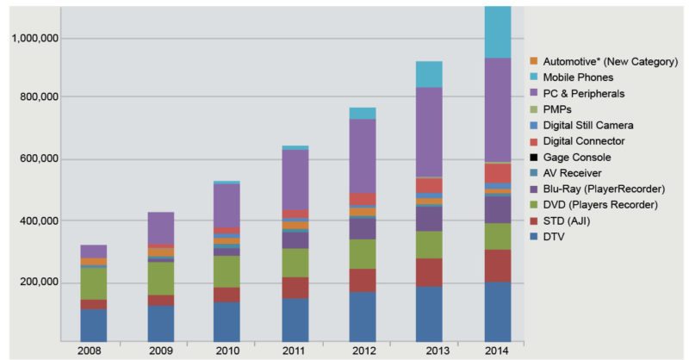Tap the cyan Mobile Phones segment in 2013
pyautogui.click(x=429, y=74)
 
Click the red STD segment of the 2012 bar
pyautogui.click(x=362, y=280)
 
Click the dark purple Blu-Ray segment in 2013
pyautogui.click(x=429, y=219)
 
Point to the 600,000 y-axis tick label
pyautogui.click(x=35, y=159)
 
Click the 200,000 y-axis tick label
pyautogui.click(x=35, y=282)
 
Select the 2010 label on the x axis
pyautogui.click(x=226, y=351)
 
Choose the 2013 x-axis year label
pyautogui.click(x=431, y=351)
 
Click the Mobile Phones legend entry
pyautogui.click(x=578, y=78)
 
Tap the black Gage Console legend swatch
pyautogui.click(x=534, y=157)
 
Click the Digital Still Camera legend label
pyautogui.click(x=593, y=125)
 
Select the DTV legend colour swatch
pyautogui.click(x=534, y=236)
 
